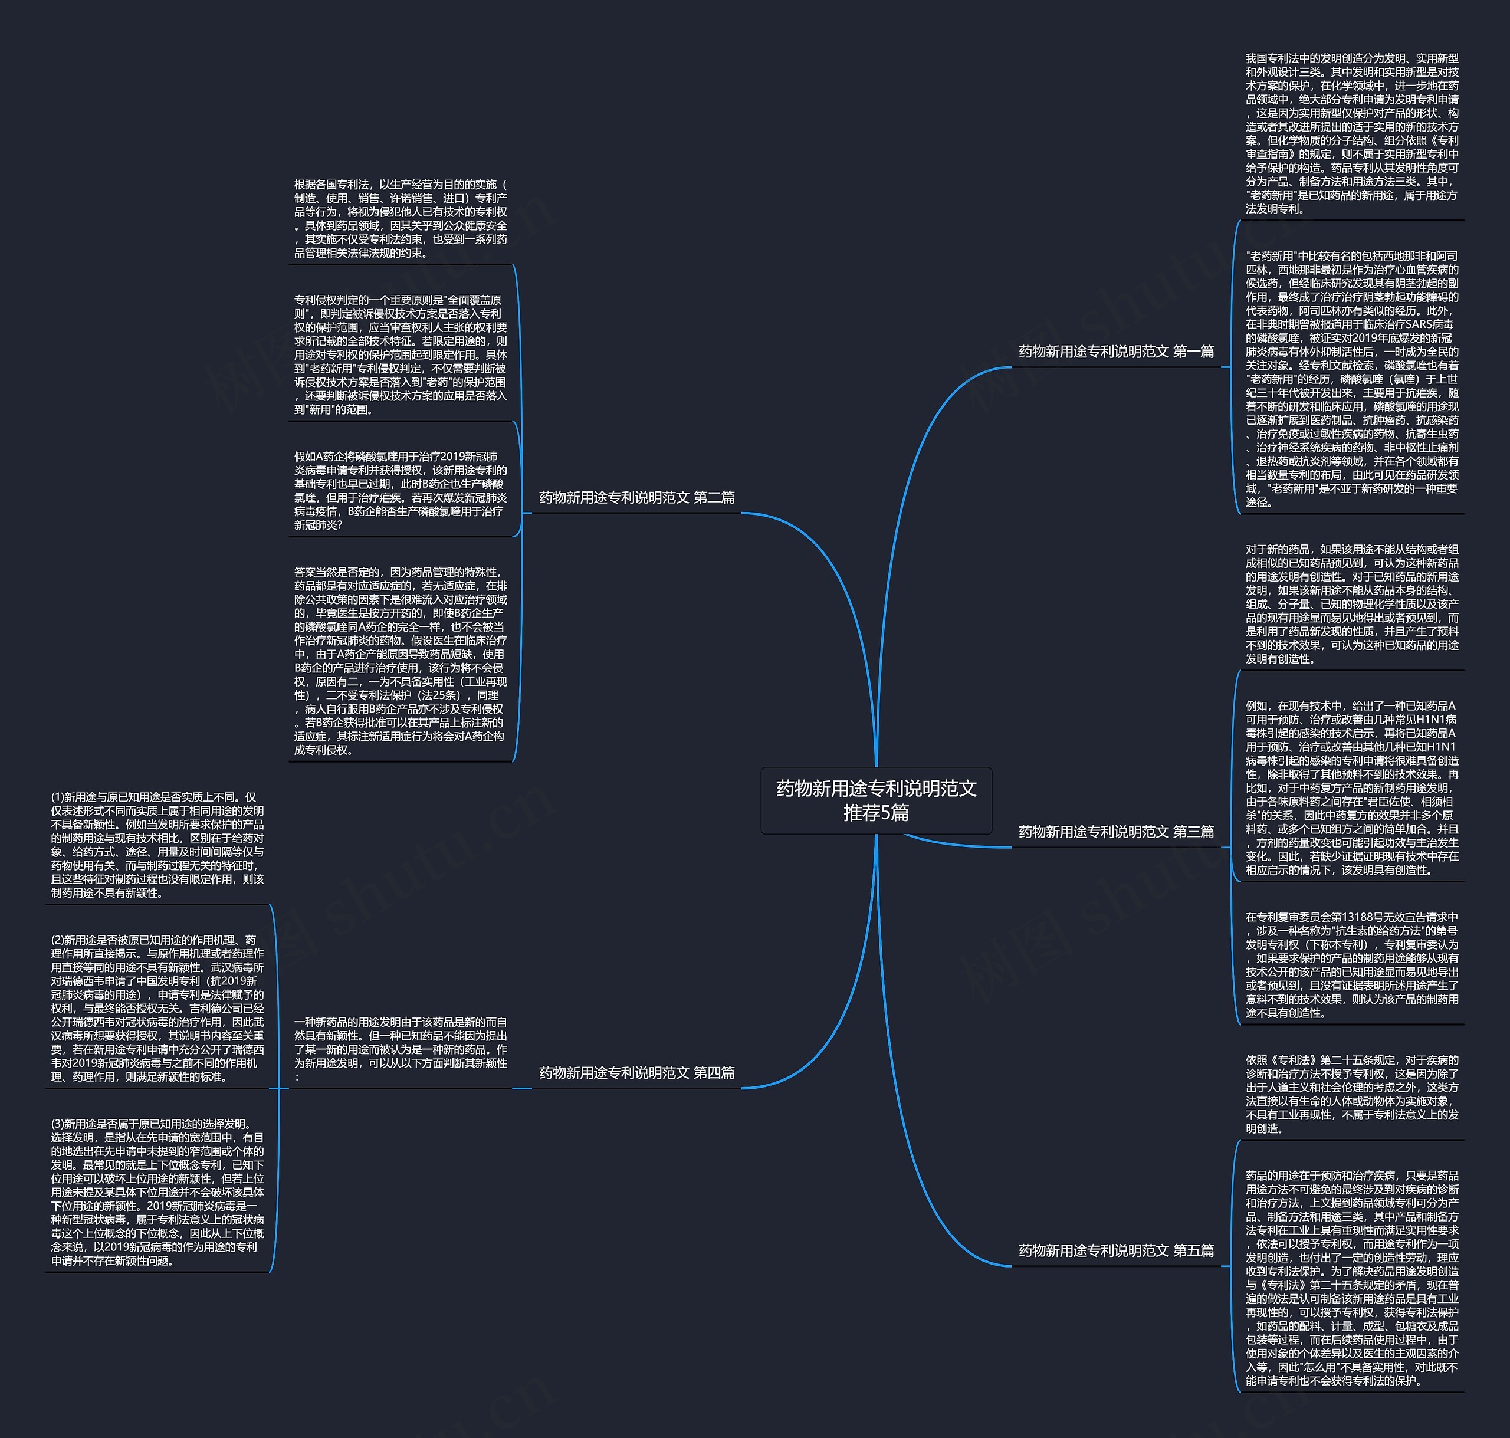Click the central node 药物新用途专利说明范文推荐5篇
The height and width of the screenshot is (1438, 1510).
pyautogui.click(x=876, y=800)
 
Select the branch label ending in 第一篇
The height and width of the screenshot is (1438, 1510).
pyautogui.click(x=1116, y=352)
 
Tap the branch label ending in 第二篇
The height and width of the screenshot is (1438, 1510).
pyautogui.click(x=636, y=497)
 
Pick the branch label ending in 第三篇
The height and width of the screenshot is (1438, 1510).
pyautogui.click(x=1116, y=832)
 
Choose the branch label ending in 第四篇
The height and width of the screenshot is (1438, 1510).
pyautogui.click(x=636, y=1072)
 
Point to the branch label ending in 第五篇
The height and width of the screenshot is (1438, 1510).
pyautogui.click(x=1116, y=1250)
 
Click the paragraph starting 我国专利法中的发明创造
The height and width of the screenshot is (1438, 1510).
pyautogui.click(x=1351, y=133)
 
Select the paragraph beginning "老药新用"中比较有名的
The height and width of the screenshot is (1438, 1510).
pyautogui.click(x=1351, y=379)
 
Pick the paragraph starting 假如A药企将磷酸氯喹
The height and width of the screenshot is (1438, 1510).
pyautogui.click(x=400, y=491)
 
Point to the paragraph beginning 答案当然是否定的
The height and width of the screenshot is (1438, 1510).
pyautogui.click(x=400, y=661)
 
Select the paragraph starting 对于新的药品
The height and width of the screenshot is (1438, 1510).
pyautogui.click(x=1351, y=604)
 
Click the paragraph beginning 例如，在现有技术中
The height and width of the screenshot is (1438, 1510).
pyautogui.click(x=1351, y=787)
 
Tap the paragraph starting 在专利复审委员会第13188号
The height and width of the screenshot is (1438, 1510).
pyautogui.click(x=1351, y=964)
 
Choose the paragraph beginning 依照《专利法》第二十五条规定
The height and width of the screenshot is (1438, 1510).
pyautogui.click(x=1351, y=1094)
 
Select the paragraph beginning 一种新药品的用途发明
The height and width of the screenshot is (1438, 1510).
pyautogui.click(x=400, y=1049)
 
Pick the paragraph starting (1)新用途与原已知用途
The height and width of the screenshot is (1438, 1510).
pyautogui.click(x=157, y=845)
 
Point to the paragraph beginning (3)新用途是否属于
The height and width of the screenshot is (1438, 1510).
pyautogui.click(x=157, y=1192)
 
